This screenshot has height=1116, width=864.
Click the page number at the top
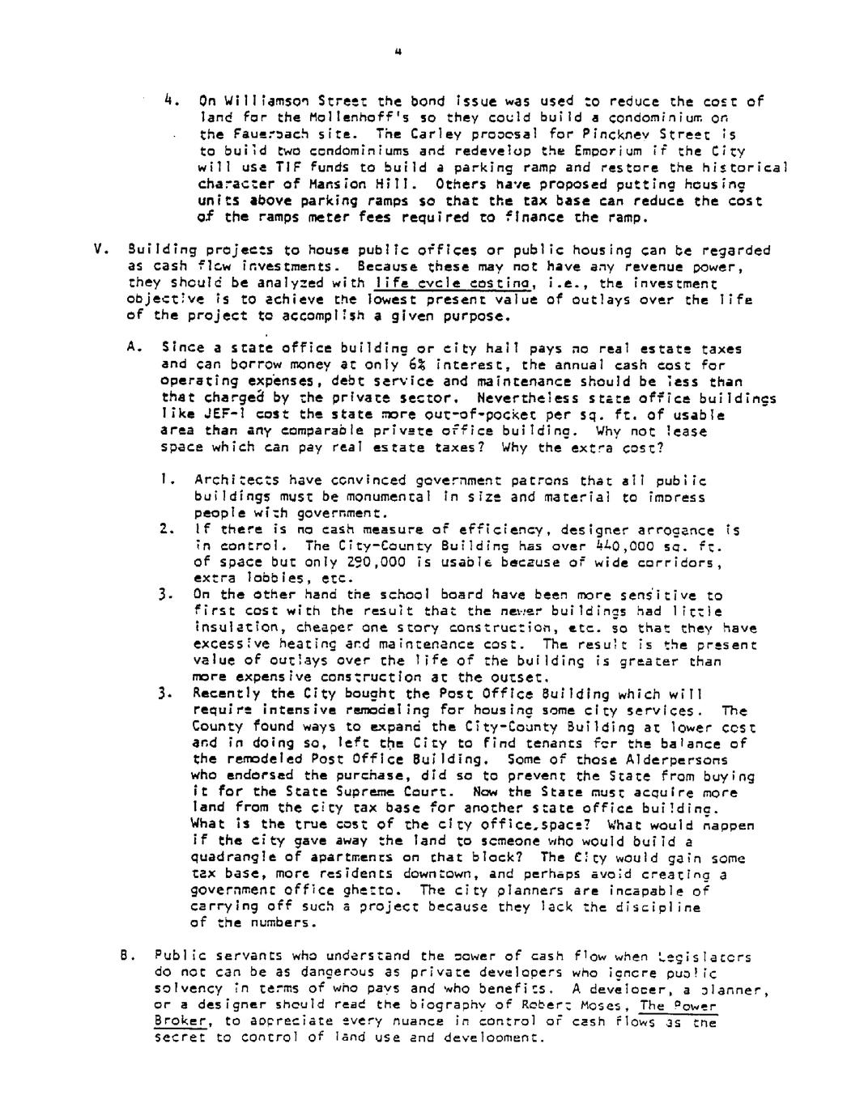click(398, 53)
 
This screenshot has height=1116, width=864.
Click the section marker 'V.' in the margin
click(102, 249)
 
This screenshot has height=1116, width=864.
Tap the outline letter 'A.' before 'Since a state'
click(134, 348)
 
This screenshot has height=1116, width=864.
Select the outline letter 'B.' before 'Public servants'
click(126, 955)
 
